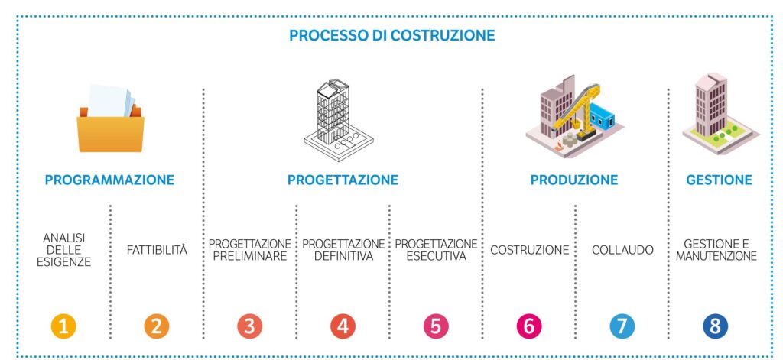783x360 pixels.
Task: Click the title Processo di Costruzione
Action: [392, 35]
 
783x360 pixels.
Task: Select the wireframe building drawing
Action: [339, 120]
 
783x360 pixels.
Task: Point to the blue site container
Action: [603, 117]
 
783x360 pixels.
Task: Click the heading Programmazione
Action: [109, 180]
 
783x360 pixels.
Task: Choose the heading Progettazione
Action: [343, 180]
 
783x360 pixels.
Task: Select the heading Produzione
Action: [573, 180]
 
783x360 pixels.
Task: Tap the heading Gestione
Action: [719, 180]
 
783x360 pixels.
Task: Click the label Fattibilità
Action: [157, 250]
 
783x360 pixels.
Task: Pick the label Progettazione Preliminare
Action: [250, 250]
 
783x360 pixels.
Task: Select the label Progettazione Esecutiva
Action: [436, 250]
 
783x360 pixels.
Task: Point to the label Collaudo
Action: [622, 250]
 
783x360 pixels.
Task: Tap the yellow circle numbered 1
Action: [63, 326]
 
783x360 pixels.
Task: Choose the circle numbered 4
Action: [343, 326]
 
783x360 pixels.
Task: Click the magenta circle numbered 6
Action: [529, 326]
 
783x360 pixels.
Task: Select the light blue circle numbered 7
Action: [622, 326]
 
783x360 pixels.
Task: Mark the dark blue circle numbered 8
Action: [716, 326]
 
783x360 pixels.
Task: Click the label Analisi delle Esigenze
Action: [64, 250]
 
